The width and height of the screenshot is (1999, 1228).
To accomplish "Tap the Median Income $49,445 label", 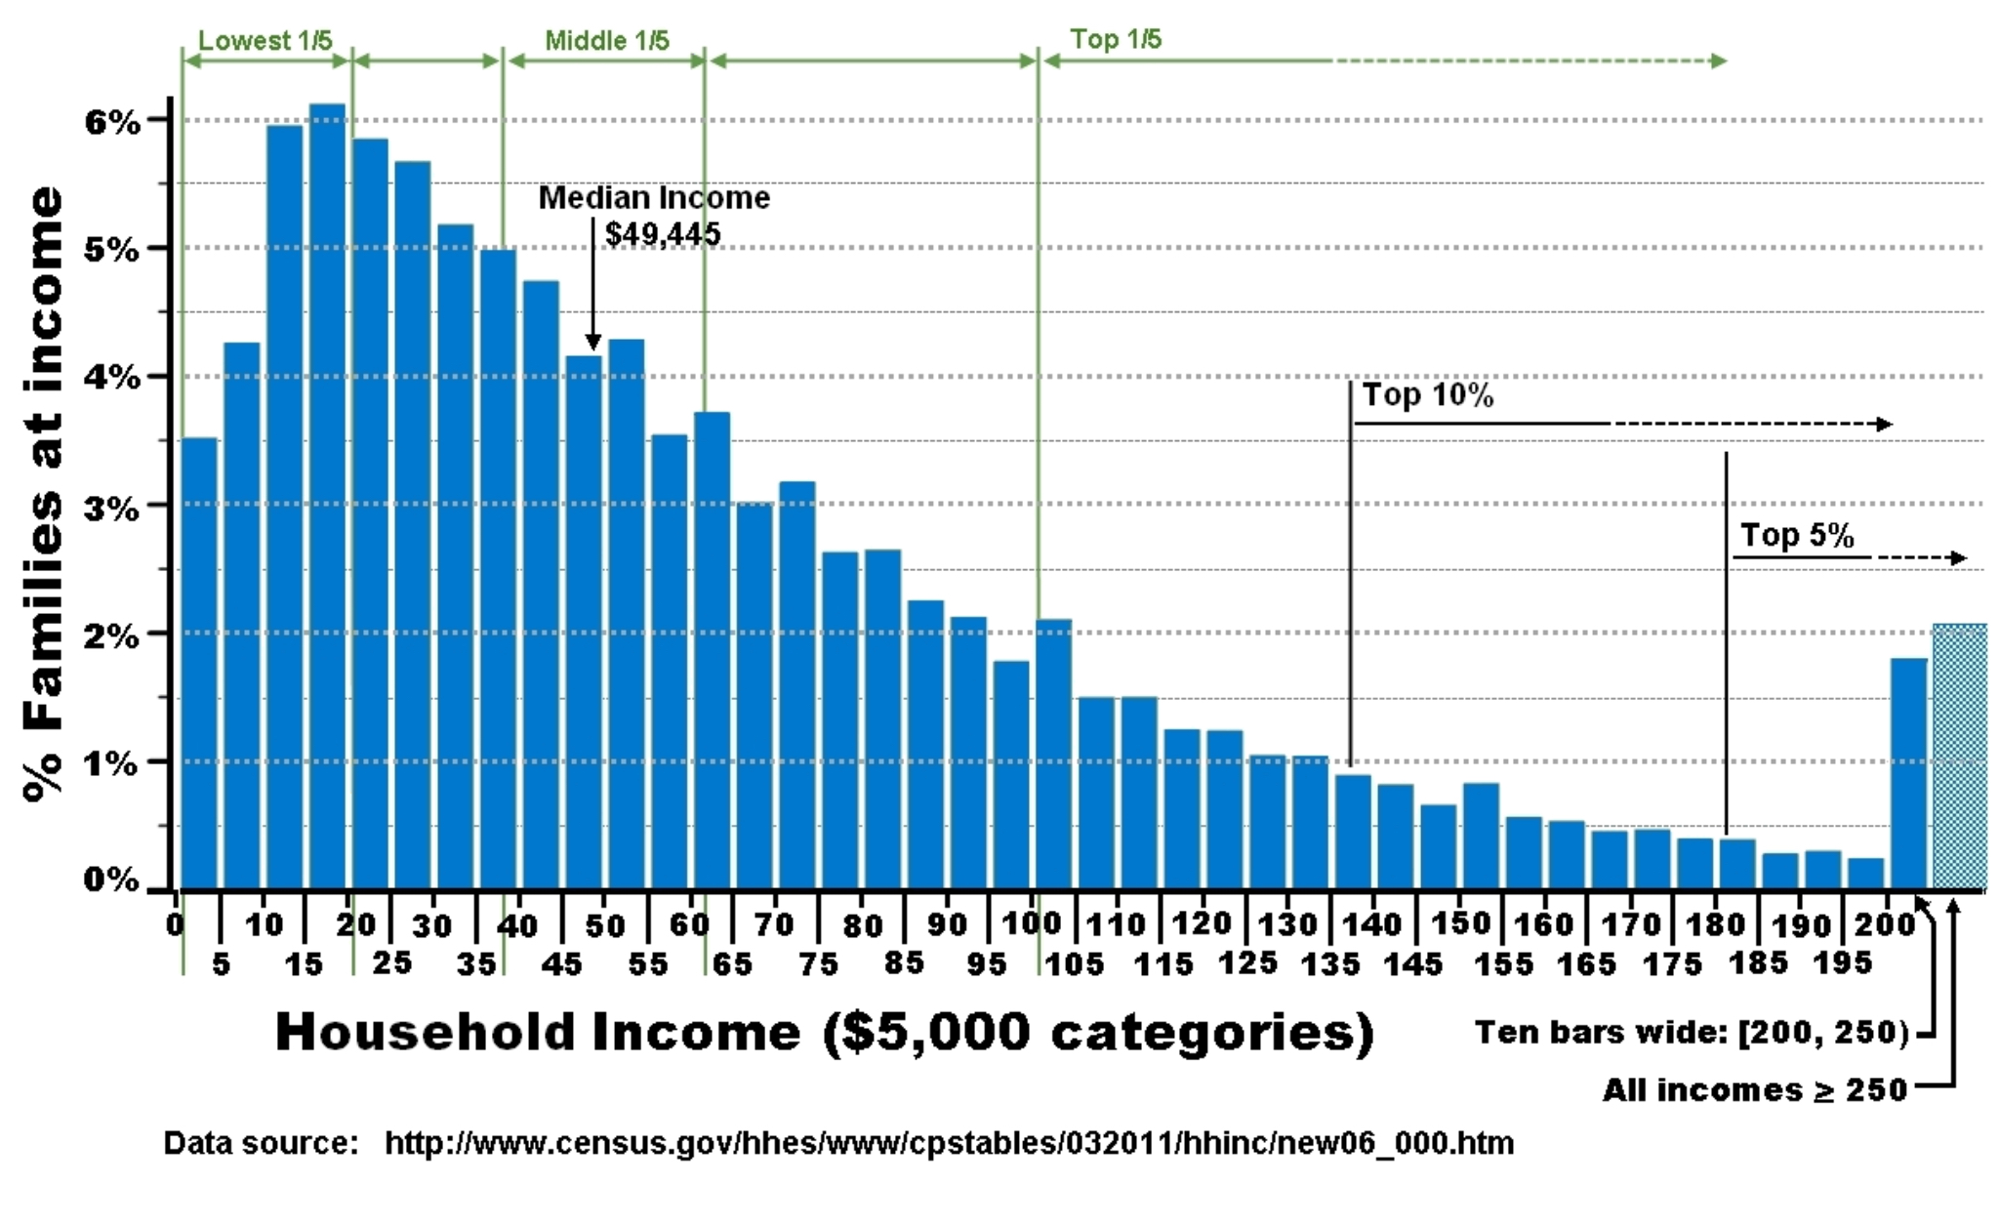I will [654, 216].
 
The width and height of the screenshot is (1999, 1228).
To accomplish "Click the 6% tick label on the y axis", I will [111, 122].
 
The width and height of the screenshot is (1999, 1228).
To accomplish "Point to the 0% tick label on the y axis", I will [110, 880].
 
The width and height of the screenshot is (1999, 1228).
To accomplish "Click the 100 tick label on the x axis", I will [1032, 922].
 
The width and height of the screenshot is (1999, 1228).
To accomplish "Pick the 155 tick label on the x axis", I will [1502, 964].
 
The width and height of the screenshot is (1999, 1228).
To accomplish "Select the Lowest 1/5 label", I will [265, 41].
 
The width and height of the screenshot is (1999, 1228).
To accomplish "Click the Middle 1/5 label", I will [606, 41].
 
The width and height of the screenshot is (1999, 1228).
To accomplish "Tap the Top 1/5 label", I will [1116, 40].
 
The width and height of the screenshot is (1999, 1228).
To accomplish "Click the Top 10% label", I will [1427, 395].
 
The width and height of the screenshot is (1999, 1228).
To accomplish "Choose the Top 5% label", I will [1797, 536].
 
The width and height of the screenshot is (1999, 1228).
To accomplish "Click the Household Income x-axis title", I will [825, 1033].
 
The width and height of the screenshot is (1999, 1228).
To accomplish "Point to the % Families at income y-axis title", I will [44, 493].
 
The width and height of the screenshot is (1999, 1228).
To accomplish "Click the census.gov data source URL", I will [949, 1143].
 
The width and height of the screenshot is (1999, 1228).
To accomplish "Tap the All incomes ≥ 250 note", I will [1754, 1089].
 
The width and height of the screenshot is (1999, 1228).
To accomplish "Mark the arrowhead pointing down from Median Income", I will [592, 341].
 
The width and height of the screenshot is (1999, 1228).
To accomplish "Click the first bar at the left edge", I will [199, 664].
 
